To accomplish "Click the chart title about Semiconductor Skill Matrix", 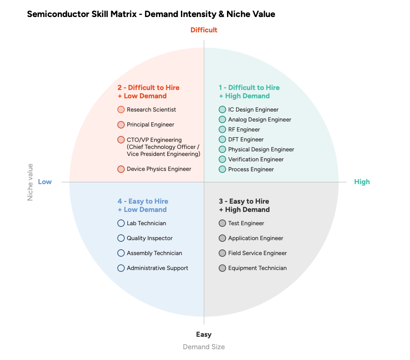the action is click(151, 14).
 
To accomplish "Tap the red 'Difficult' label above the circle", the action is click(204, 30).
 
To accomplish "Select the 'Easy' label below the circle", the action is click(204, 334).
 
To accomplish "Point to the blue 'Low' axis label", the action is click(45, 182).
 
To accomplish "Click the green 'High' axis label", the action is click(362, 182).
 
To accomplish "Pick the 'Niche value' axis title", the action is click(30, 182).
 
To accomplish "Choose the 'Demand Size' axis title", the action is click(204, 347).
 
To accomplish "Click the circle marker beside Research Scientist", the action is click(121, 109).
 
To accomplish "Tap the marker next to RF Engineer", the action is click(222, 129).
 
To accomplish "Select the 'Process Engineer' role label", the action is click(251, 169).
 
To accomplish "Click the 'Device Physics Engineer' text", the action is click(159, 169).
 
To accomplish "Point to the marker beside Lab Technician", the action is click(121, 223).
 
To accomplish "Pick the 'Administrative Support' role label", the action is click(157, 268).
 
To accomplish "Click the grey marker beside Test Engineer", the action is click(222, 223).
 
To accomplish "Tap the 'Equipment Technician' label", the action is click(257, 268).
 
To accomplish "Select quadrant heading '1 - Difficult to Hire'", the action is click(249, 88).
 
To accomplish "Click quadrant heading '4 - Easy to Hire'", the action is click(143, 201).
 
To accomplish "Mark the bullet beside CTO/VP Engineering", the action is click(121, 140).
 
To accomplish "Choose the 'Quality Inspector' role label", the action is click(149, 238).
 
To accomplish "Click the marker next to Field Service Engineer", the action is click(222, 253).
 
